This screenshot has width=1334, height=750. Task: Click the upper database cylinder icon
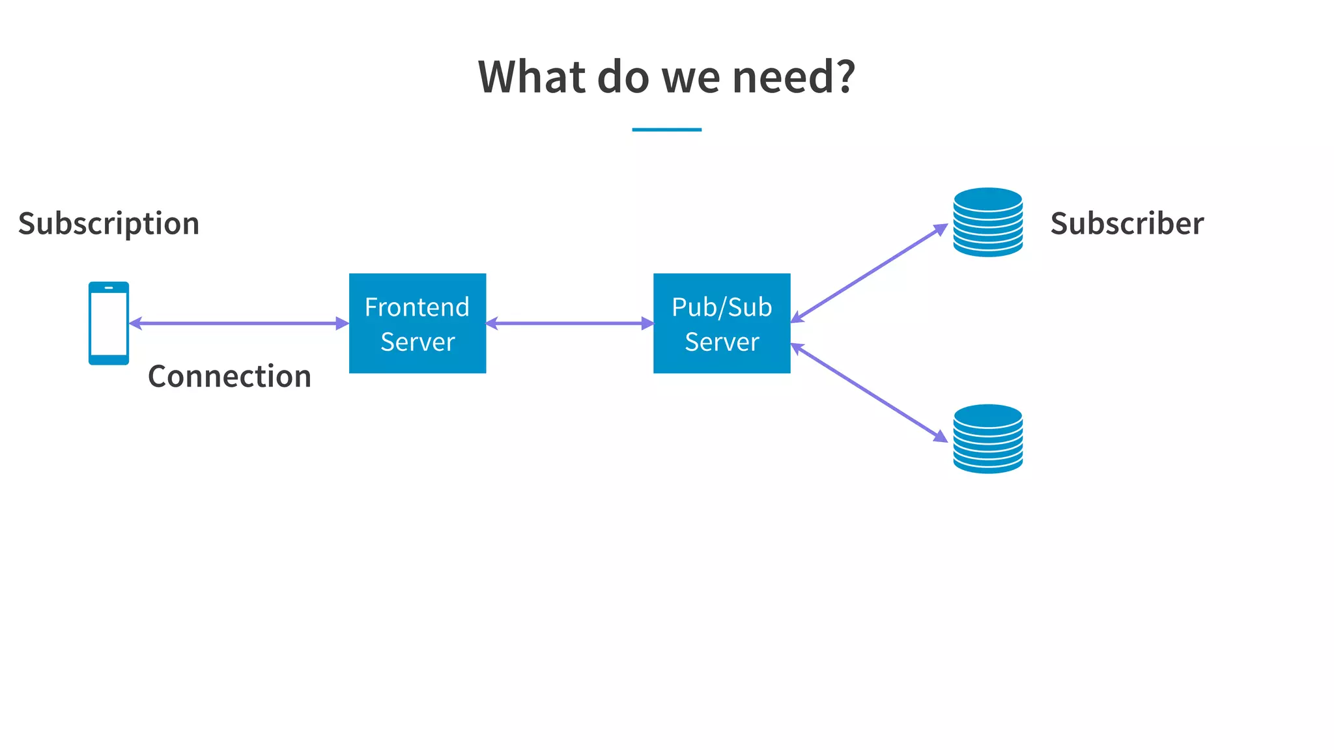tap(987, 222)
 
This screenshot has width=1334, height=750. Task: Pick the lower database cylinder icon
tap(987, 439)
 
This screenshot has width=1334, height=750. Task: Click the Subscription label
tap(109, 223)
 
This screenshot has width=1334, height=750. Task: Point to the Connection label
tap(229, 376)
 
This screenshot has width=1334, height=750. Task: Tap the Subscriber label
tap(1127, 223)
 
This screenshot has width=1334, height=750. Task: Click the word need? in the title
tap(793, 77)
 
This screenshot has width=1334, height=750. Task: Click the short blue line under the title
tap(666, 130)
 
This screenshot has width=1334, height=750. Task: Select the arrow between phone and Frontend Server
tap(239, 323)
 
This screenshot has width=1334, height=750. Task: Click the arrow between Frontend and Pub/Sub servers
tap(570, 323)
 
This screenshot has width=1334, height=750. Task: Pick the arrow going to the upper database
tap(869, 273)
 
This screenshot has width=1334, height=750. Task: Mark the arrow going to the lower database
tap(869, 393)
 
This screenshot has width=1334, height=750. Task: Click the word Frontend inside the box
tap(417, 307)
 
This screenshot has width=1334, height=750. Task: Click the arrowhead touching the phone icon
tap(135, 323)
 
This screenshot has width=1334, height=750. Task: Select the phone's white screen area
tap(109, 324)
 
